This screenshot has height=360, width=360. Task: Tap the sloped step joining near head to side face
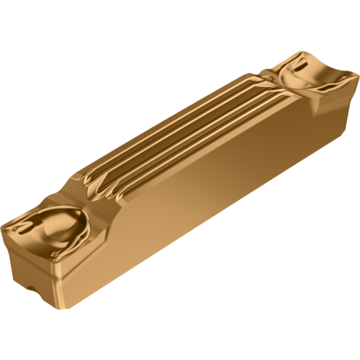coord(113,212)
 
